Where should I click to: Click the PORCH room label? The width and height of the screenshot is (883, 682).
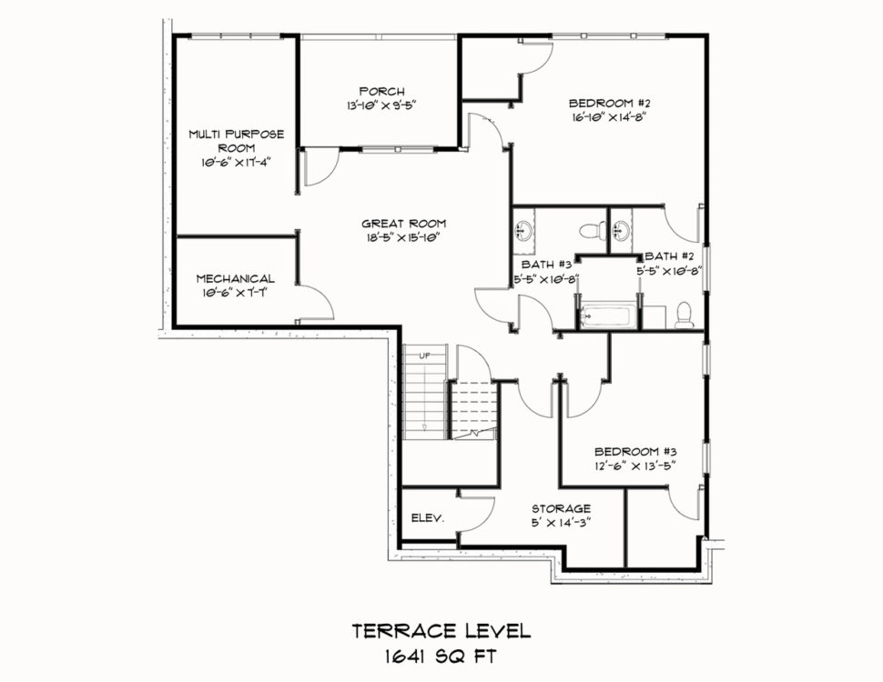pos(381,91)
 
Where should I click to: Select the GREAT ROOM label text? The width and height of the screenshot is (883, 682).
pos(404,224)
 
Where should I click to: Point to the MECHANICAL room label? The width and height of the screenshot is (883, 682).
pos(236,278)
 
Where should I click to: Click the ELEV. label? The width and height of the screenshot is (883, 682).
pos(428,518)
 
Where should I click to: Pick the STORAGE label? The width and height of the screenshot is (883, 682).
pos(562,508)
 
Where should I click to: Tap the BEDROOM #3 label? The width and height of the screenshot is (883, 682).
pos(635,451)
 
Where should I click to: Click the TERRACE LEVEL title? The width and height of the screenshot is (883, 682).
pos(441,631)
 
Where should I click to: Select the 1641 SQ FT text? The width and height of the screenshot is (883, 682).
pos(441,657)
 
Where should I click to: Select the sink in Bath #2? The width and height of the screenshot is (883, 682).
pos(621,229)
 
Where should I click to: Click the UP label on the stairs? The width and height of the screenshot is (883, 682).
pos(424,356)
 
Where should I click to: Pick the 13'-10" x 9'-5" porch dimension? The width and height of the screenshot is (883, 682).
pos(381,105)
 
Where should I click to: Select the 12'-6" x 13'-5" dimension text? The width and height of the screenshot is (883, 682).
pos(635,466)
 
